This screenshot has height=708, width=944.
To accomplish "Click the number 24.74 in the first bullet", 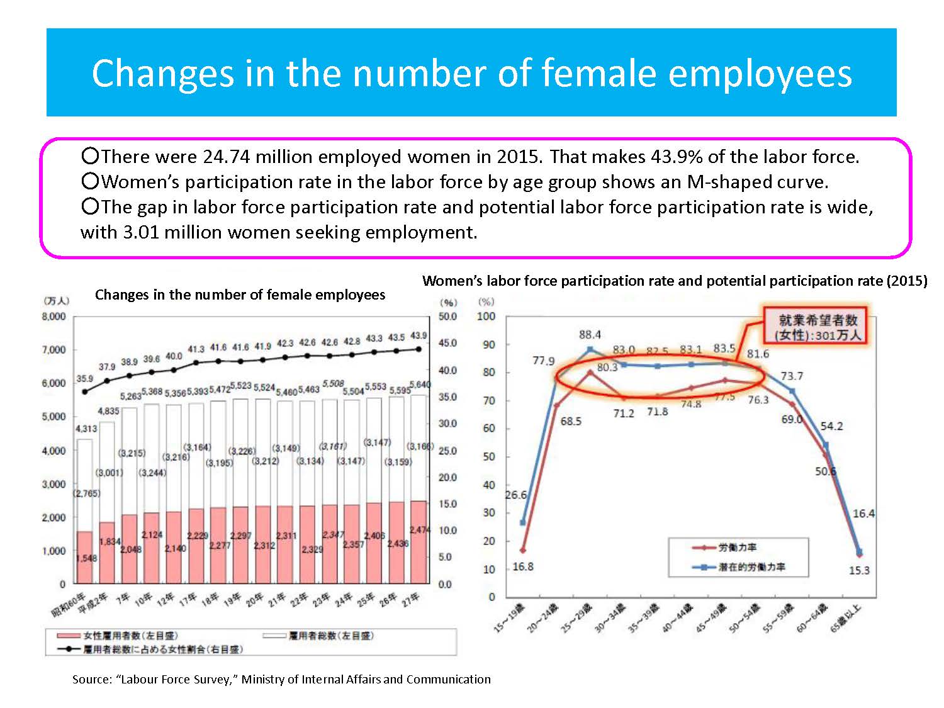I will click(227, 157).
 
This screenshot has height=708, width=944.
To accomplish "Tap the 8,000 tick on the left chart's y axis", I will click(53, 317).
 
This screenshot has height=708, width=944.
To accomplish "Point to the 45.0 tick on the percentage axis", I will click(447, 344).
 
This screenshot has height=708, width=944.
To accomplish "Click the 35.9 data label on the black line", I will click(84, 379).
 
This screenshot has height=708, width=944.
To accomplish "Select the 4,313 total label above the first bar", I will click(86, 429).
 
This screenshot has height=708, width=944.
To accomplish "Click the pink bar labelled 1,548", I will click(85, 558).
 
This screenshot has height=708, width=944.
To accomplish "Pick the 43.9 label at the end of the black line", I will click(419, 335).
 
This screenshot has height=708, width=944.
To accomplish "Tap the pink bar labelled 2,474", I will click(419, 542).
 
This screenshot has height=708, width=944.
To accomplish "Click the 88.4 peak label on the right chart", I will click(590, 335).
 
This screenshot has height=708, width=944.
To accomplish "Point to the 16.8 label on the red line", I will click(522, 566).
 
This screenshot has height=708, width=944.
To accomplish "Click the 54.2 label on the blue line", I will click(831, 426).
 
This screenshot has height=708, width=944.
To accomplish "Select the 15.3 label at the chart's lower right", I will click(859, 570).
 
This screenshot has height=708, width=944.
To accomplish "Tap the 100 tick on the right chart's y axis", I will click(486, 316).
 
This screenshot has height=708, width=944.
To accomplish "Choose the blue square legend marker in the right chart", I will click(703, 567).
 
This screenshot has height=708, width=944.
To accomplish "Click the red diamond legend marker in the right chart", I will click(703, 548).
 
